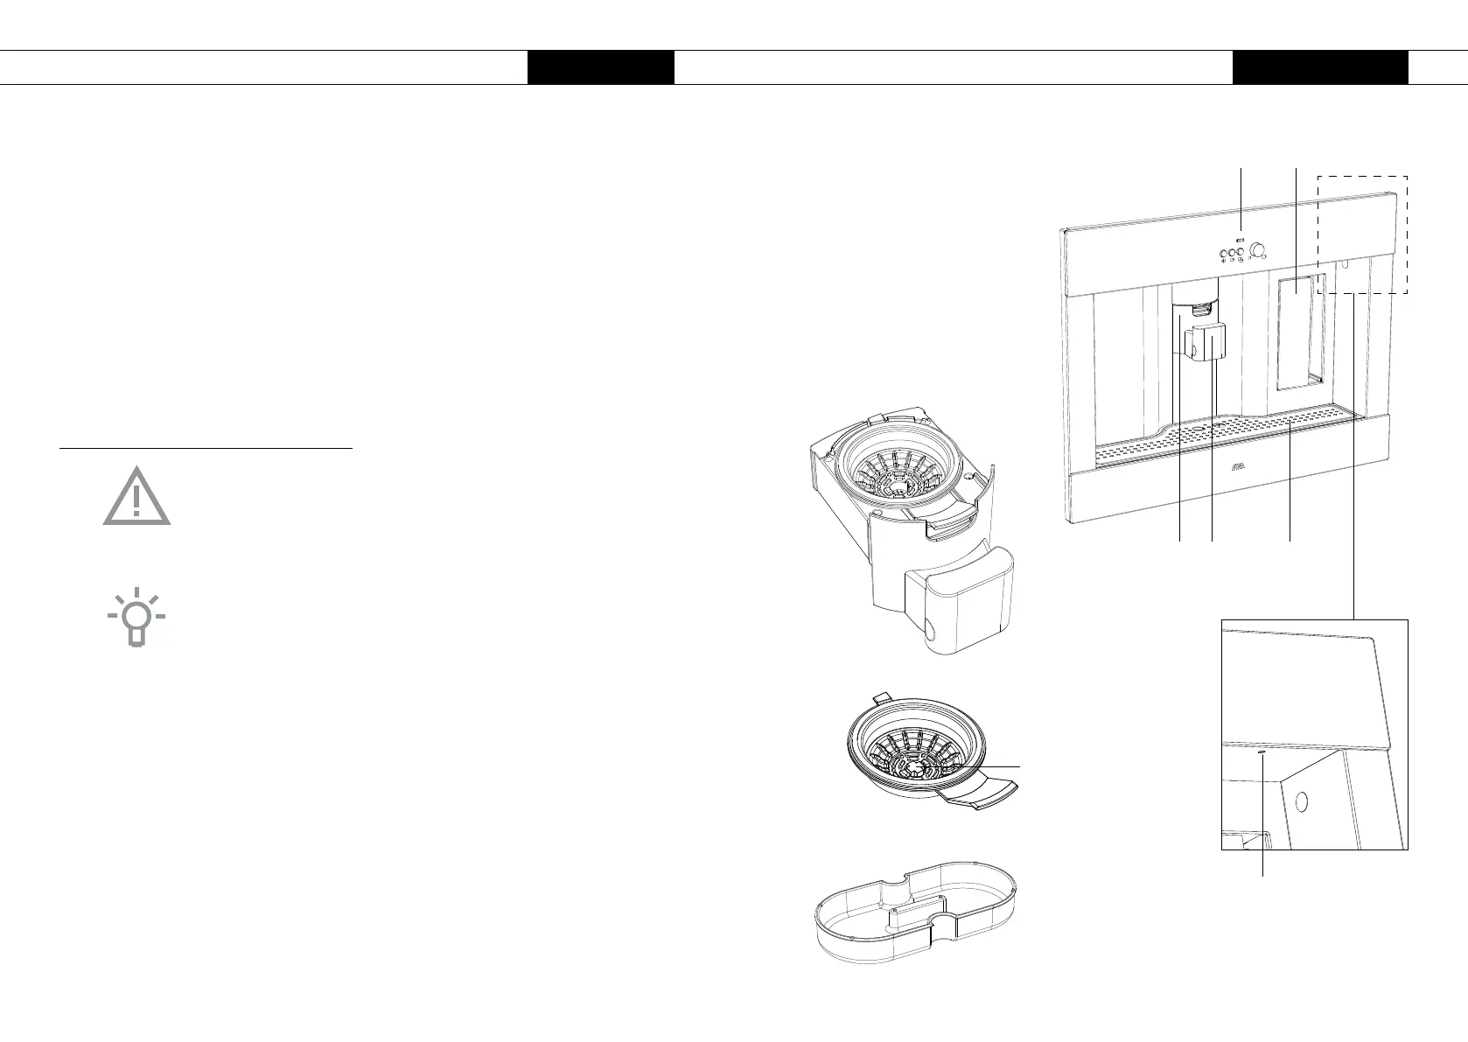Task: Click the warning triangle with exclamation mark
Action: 136,498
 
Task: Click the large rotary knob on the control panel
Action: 1258,251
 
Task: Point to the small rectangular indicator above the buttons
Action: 1241,239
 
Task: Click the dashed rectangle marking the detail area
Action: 1362,234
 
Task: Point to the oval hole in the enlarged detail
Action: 1300,801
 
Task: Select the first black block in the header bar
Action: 600,67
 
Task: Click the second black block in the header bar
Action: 1320,67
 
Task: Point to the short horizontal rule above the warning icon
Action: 206,449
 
